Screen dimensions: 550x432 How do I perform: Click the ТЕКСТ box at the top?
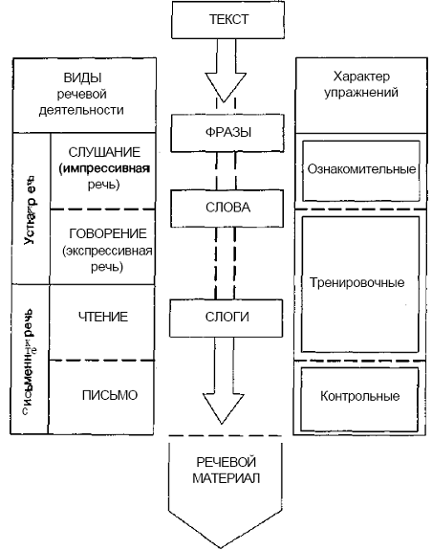click(x=215, y=19)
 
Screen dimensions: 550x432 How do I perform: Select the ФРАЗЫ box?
click(x=215, y=129)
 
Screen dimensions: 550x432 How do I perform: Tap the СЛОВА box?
click(x=215, y=206)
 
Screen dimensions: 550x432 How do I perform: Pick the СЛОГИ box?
click(x=215, y=317)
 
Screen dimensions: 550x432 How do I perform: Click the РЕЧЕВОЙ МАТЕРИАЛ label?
click(x=215, y=470)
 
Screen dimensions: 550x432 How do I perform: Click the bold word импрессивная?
click(x=99, y=168)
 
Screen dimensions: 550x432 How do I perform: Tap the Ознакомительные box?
click(x=360, y=168)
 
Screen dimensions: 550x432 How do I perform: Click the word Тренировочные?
click(x=360, y=283)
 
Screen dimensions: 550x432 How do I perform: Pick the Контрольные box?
click(x=360, y=395)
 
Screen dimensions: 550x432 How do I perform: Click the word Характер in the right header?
click(x=361, y=76)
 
